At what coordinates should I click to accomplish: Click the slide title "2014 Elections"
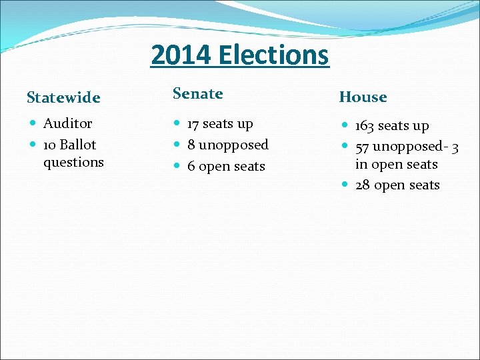(240, 55)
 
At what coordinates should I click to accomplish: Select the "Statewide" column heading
(63, 98)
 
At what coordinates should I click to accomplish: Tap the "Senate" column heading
(198, 94)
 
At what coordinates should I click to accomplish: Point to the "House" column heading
(363, 97)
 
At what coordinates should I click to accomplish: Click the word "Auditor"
(68, 123)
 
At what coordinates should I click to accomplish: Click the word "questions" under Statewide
(73, 162)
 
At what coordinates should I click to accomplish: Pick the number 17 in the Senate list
(193, 124)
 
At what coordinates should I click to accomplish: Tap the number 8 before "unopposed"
(191, 145)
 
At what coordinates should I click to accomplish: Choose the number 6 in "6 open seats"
(191, 167)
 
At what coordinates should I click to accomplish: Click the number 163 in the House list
(365, 126)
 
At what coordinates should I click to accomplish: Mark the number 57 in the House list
(362, 147)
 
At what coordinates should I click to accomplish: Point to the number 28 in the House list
(363, 185)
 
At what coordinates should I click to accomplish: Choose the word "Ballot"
(78, 145)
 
